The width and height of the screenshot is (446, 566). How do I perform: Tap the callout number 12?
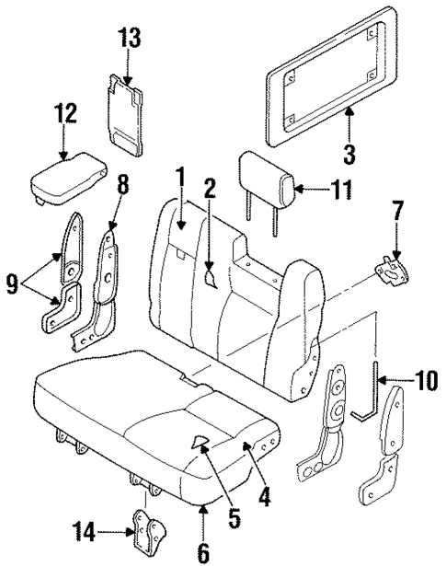[x=63, y=115]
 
